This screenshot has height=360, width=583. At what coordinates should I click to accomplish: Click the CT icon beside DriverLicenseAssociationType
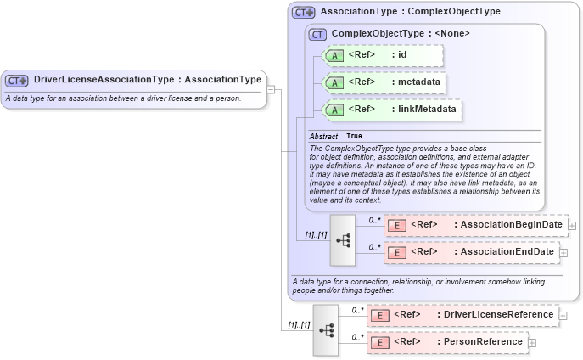click(x=17, y=81)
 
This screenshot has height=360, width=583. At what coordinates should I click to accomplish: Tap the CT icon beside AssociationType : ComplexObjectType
click(x=303, y=13)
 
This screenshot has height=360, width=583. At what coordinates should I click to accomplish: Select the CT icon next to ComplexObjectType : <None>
click(x=318, y=34)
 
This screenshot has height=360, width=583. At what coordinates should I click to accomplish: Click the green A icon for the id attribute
click(x=334, y=56)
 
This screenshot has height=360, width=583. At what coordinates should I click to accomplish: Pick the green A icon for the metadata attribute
click(x=334, y=83)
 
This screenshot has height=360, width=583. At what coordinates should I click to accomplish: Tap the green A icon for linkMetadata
click(x=334, y=110)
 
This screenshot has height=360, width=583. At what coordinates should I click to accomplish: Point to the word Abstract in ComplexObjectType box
click(x=323, y=136)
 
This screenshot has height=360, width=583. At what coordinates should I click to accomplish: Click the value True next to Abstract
click(x=354, y=136)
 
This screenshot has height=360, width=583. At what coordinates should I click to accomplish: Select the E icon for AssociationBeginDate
click(x=396, y=225)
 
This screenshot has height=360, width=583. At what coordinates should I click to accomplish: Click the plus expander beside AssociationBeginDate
click(x=572, y=226)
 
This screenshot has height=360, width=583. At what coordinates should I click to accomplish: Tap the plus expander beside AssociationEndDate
click(x=563, y=252)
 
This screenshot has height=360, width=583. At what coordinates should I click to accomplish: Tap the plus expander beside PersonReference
click(x=532, y=343)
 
